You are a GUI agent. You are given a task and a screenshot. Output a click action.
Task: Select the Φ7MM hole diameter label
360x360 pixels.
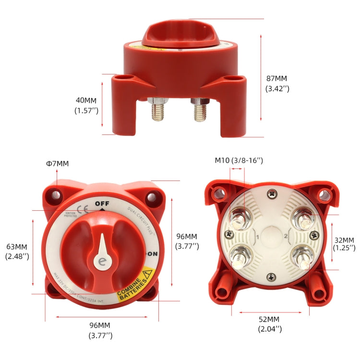[x=57, y=164]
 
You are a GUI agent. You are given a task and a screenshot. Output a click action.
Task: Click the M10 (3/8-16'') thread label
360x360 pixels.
[x=239, y=160]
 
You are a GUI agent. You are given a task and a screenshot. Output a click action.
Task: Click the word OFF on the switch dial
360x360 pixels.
[x=102, y=203]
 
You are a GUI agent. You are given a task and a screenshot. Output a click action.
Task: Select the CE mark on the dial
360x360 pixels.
[x=82, y=209]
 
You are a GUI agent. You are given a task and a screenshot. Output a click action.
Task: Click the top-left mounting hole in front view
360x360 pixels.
[x=57, y=195]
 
